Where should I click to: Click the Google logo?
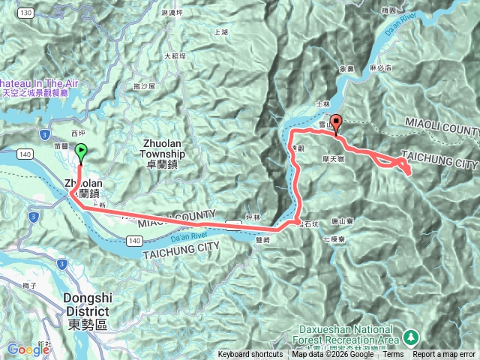28,349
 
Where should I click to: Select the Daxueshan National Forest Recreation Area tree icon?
410,335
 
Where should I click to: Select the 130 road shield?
26,13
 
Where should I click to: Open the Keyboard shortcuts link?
250,355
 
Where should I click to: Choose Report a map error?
445,355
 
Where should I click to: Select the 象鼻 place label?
346,69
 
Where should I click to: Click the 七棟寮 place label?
331,239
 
